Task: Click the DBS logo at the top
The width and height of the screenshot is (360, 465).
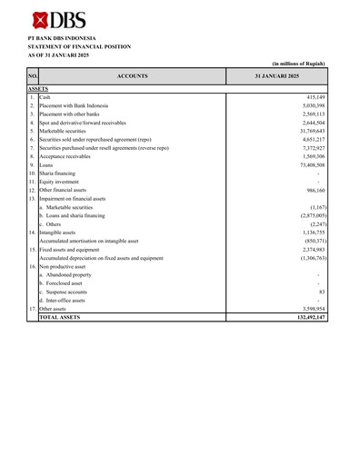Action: tap(53, 19)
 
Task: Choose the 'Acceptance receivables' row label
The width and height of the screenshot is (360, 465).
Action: tap(68, 156)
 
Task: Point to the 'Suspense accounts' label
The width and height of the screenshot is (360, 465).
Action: tap(66, 292)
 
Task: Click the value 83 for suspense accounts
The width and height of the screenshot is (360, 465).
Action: tap(322, 292)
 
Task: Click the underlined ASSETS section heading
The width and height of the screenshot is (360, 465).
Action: tap(38, 89)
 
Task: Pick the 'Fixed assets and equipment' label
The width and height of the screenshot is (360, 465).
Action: tap(75, 250)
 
